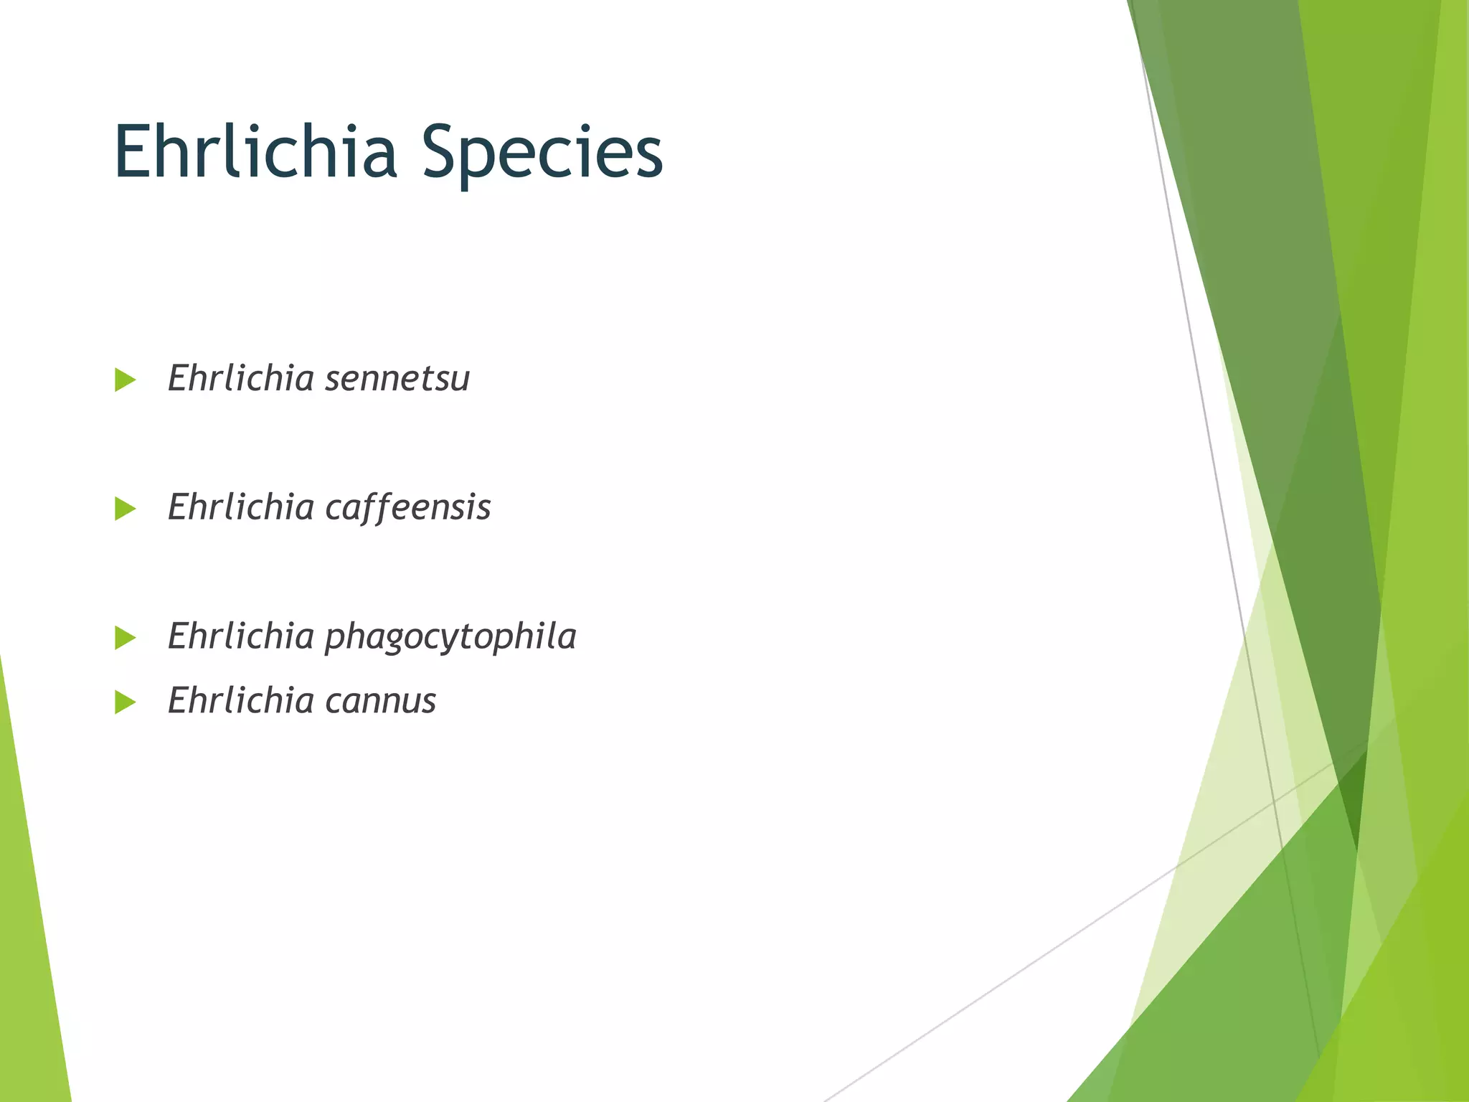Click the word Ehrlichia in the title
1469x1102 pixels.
coord(255,152)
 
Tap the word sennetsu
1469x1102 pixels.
coord(397,379)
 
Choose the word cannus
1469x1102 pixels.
coord(380,702)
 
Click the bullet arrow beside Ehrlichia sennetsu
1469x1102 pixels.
coord(125,380)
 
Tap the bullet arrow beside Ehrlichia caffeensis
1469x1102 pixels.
coord(125,509)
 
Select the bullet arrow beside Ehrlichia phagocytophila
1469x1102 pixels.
coord(125,637)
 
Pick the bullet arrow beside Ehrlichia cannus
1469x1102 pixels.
coord(125,702)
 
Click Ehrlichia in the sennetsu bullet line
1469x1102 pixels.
coord(241,378)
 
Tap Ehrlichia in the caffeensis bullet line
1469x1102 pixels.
coord(241,507)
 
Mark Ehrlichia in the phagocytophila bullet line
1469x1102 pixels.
coord(241,636)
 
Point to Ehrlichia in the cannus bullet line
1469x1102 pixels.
coord(241,701)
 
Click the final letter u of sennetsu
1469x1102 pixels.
coord(460,380)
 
